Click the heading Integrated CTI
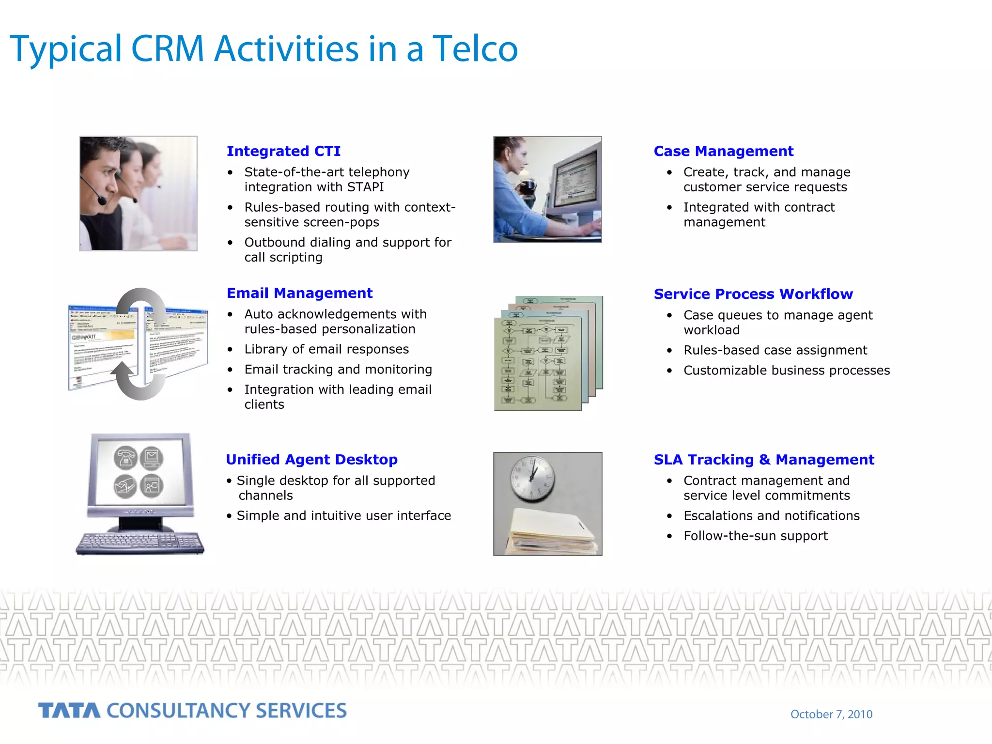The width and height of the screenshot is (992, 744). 283,151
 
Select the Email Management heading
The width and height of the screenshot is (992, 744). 299,293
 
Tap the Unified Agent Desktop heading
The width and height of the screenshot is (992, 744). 311,459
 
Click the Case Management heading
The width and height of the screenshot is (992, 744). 723,151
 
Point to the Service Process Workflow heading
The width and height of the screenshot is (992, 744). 753,294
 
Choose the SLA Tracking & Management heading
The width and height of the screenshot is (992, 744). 763,459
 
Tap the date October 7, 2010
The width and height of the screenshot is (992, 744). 831,714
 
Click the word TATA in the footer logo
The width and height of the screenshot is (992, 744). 69,711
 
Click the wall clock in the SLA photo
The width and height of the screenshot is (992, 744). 533,478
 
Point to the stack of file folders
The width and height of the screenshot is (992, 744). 551,533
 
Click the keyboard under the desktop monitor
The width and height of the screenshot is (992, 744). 140,542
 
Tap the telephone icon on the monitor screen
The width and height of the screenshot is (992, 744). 125,458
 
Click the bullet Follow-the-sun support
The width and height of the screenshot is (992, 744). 755,536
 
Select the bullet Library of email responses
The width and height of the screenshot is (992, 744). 326,349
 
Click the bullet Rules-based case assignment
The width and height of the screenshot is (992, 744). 775,350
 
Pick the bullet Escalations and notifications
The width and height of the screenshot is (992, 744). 771,516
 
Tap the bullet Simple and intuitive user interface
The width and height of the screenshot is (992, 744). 343,516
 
